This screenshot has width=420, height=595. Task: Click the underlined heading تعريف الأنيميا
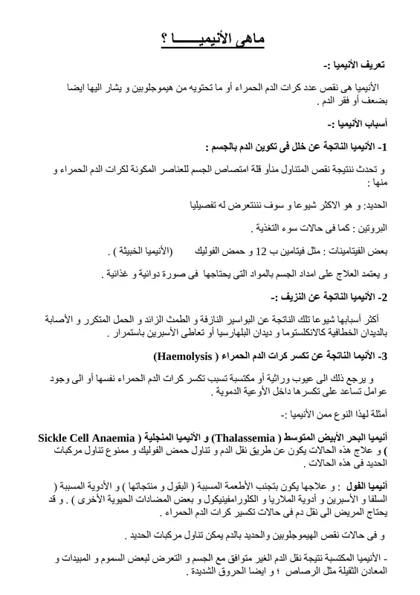(351, 65)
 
